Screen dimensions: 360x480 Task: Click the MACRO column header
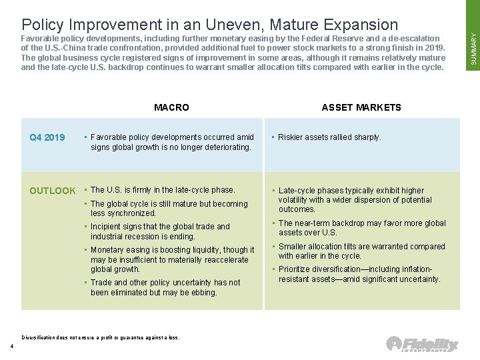pos(171,107)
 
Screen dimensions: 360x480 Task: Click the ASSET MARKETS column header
pos(361,107)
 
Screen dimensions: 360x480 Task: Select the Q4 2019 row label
pos(47,138)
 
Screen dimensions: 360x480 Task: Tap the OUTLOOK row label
pos(53,191)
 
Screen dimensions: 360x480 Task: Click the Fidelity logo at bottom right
pos(422,345)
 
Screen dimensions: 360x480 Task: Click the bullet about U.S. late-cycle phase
pos(163,190)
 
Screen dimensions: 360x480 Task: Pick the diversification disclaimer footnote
pos(101,337)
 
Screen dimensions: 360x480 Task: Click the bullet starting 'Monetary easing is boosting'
pos(172,259)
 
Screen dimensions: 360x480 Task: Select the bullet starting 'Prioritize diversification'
pos(359,274)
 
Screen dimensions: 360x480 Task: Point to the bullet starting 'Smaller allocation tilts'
pos(361,251)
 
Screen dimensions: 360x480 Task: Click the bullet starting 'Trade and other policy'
pos(165,287)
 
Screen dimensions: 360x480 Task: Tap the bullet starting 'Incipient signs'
pos(160,231)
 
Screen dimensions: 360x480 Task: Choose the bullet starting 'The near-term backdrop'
pos(362,228)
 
